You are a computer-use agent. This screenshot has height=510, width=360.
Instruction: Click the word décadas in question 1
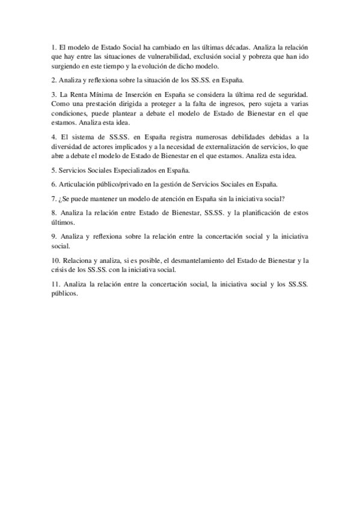(x=230, y=46)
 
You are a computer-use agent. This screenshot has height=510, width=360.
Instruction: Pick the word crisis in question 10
(x=61, y=270)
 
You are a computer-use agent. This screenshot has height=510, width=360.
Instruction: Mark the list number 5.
(x=53, y=170)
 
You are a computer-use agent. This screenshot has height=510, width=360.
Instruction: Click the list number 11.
(x=55, y=284)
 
